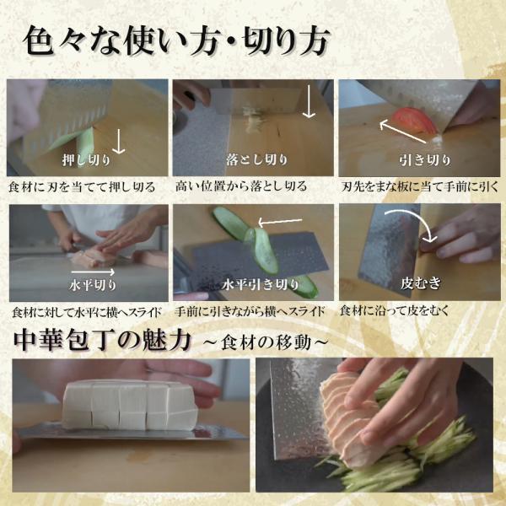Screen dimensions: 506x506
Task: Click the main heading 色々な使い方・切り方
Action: click(x=176, y=40)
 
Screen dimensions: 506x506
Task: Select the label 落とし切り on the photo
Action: click(x=251, y=159)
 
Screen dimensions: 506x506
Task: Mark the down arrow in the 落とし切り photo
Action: click(x=310, y=103)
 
